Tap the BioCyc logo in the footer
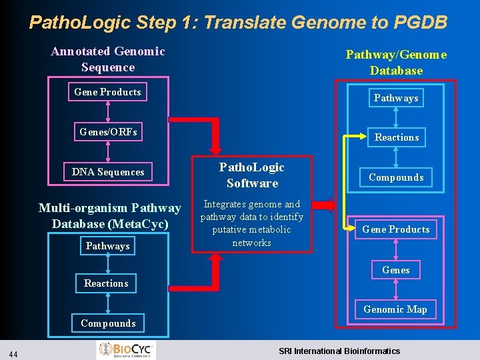click(x=126, y=350)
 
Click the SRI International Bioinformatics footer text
click(x=339, y=351)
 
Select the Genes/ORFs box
click(x=108, y=132)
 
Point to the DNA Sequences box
click(x=108, y=172)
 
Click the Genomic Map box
click(x=395, y=309)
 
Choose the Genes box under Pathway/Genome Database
click(x=396, y=270)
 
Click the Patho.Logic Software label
click(x=252, y=175)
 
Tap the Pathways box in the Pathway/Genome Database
click(x=396, y=98)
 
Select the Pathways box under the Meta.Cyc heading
click(x=107, y=246)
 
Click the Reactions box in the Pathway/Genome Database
click(x=397, y=137)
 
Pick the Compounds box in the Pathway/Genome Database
click(x=396, y=177)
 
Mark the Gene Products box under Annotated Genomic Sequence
click(x=108, y=92)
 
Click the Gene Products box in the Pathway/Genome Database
click(x=396, y=229)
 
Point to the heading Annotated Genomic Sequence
click(x=108, y=59)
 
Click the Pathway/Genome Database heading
click(x=396, y=63)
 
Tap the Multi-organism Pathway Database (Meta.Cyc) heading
click(x=110, y=216)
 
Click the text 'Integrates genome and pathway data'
click(x=251, y=211)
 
